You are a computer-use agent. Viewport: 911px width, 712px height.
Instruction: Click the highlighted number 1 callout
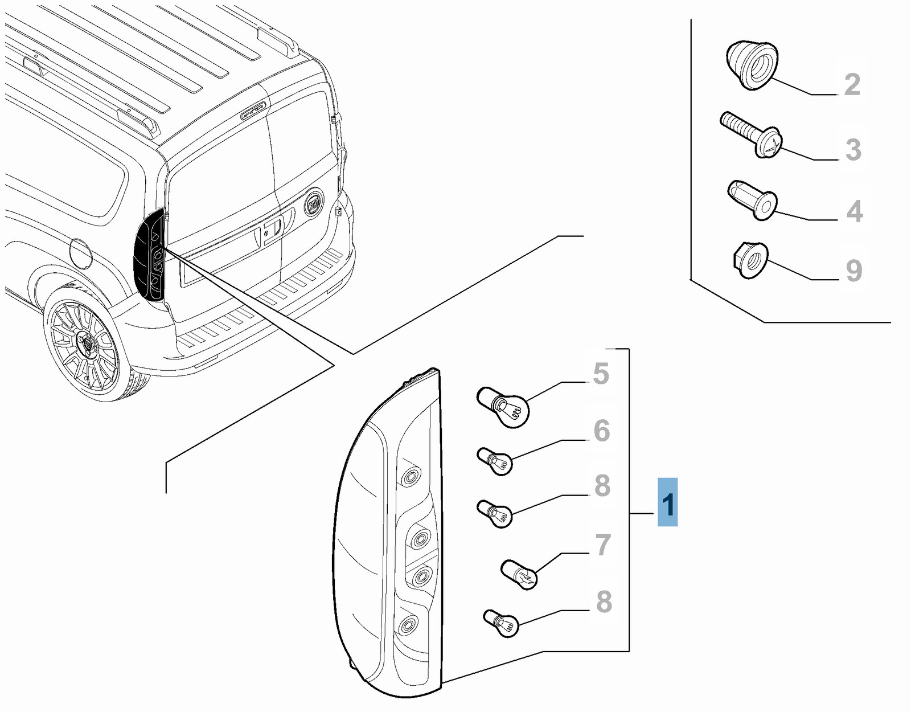pos(667,502)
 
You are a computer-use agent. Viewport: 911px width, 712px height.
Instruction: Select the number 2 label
pos(852,84)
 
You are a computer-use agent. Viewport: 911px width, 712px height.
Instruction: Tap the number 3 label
pos(852,149)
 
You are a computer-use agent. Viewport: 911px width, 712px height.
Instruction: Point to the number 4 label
pos(854,211)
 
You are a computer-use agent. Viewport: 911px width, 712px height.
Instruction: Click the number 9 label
pos(853,271)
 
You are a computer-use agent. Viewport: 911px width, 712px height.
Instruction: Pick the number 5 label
pos(601,374)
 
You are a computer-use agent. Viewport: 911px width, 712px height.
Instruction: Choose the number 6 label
pos(601,431)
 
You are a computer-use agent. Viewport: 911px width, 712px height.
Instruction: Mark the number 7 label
pos(602,545)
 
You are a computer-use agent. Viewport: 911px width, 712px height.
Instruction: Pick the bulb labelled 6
pos(495,461)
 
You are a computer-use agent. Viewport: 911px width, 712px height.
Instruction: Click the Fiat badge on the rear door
pos(314,203)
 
